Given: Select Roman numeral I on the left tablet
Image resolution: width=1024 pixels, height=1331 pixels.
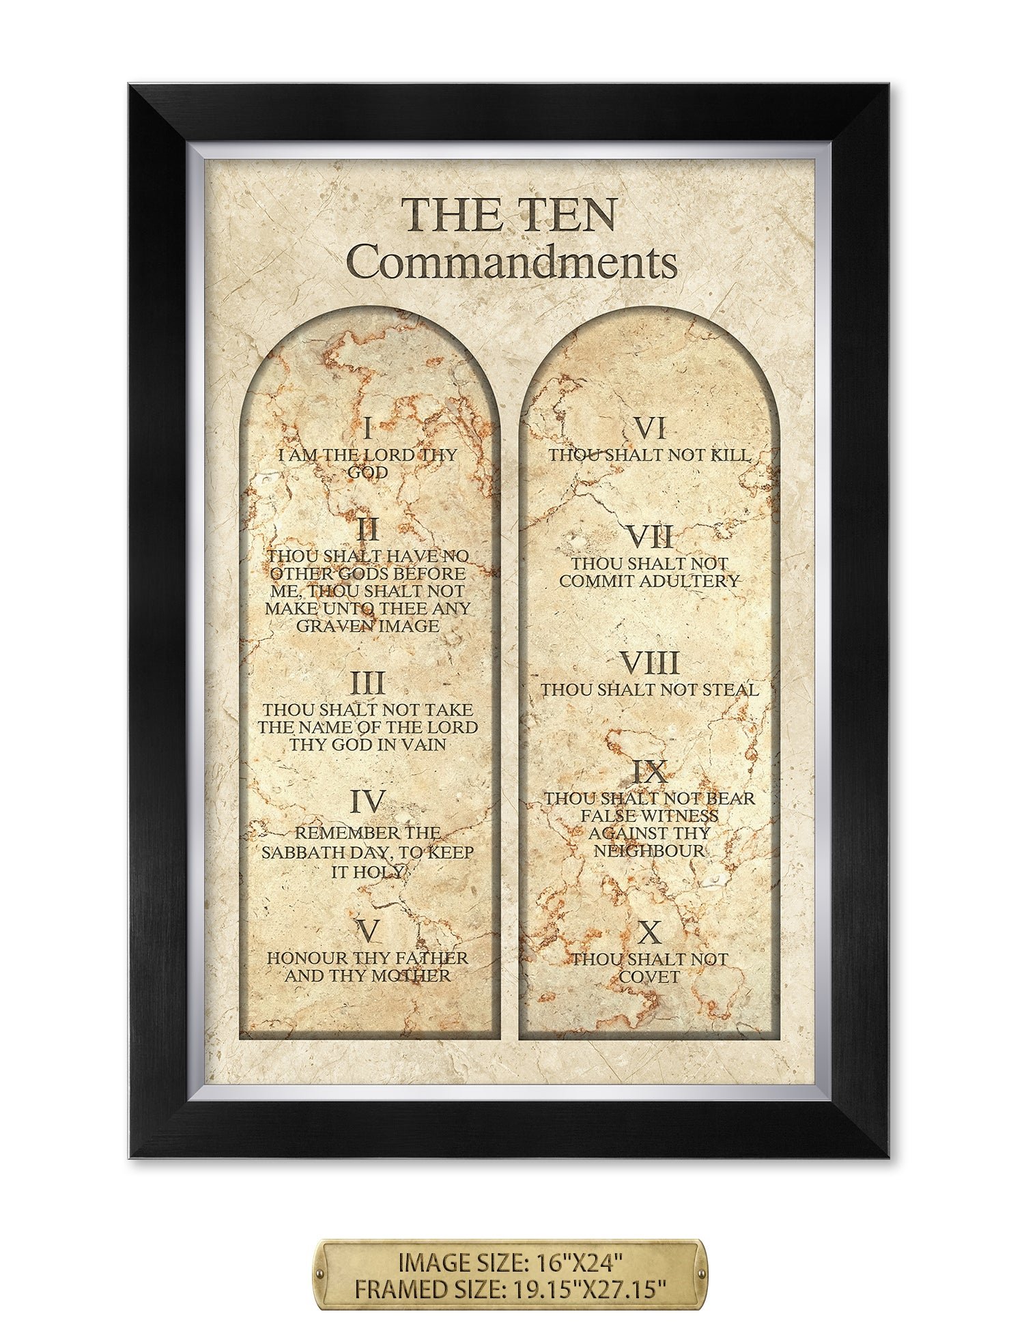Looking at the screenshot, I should click(368, 429).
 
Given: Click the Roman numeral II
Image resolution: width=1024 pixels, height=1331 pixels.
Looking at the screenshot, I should click(368, 530).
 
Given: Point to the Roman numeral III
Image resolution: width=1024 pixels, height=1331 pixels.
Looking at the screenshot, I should click(368, 683).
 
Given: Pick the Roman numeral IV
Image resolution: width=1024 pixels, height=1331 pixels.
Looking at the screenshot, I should click(368, 802).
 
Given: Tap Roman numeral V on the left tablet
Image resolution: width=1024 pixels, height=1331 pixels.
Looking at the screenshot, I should click(368, 930).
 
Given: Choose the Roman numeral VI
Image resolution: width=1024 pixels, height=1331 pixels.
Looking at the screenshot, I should click(649, 429).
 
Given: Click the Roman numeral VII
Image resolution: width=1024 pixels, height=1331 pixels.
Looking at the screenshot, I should click(649, 537).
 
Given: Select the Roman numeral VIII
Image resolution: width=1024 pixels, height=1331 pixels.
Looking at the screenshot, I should click(649, 663).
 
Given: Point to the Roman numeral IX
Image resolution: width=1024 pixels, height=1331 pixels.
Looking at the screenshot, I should click(649, 773).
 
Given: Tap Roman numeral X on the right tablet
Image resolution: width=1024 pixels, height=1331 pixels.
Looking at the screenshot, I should click(649, 932).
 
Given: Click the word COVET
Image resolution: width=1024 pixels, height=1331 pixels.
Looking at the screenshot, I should click(649, 977).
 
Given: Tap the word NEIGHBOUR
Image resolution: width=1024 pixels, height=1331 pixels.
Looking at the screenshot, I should click(649, 850).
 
